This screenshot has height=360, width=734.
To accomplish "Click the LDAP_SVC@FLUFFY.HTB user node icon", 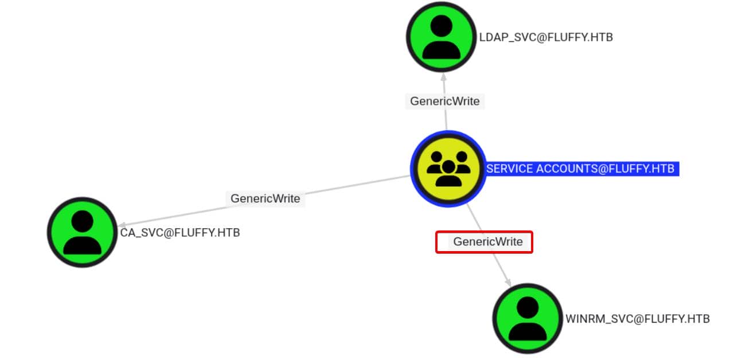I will pos(441,37).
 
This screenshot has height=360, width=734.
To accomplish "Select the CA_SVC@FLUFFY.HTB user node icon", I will pos(82,233).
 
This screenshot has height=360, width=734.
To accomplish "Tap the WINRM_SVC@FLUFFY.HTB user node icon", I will pos(528,318).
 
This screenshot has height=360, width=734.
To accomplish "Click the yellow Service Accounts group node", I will pos(448,169).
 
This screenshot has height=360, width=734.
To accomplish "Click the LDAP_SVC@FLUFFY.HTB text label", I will pos(546,37).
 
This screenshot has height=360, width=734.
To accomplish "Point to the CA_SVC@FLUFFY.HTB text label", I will pos(179,233).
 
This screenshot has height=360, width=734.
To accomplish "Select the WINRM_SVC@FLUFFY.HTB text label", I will pos(638,319).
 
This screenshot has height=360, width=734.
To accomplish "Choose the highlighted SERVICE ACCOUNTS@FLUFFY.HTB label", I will pos(582,169).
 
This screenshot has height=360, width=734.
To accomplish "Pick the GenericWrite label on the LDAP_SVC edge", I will pos(445,101).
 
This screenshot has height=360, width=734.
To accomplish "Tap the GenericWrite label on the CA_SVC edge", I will pos(265,198).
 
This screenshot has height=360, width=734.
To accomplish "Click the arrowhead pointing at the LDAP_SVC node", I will pos(443,76).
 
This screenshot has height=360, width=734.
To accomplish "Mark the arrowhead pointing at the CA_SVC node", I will pos(122,225).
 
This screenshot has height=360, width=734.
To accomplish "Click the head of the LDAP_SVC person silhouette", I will pos(441,26).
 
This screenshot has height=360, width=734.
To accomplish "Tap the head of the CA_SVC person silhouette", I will pos(83,221).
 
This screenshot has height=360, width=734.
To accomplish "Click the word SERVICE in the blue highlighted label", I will pos(509,169).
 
